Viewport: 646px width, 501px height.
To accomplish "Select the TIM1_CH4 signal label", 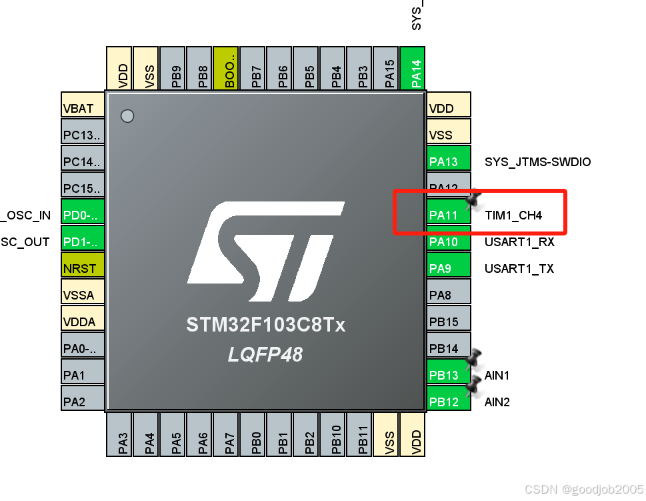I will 513,215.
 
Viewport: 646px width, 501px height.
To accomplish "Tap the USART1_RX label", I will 519,242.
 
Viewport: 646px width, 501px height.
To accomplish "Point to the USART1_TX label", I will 519,269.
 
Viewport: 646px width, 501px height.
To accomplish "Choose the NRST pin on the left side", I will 83,268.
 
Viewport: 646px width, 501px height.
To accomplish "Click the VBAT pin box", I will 83,108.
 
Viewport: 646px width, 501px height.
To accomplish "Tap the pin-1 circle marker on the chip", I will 127,116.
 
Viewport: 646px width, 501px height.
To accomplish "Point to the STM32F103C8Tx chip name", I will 265,326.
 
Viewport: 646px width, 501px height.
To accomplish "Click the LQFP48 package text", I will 265,354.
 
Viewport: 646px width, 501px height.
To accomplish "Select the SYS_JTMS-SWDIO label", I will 537,162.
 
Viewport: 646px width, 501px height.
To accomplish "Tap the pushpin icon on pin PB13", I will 473,359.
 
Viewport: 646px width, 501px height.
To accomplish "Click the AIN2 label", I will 497,402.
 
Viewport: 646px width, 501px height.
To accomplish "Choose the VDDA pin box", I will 83,322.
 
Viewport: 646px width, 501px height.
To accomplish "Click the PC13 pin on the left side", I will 83,135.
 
